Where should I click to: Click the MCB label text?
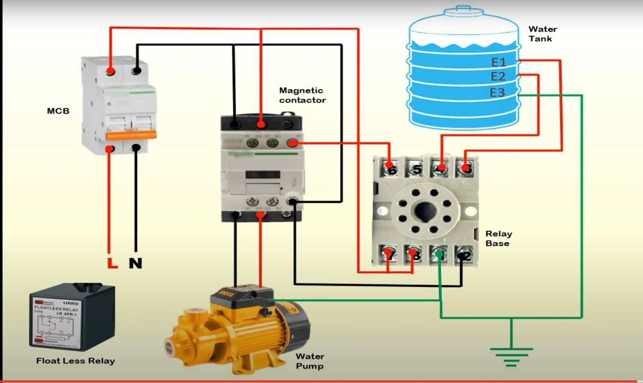[x=58, y=111]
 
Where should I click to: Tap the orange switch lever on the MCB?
[x=131, y=136]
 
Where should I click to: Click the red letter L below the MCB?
[x=112, y=263]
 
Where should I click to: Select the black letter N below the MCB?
[x=136, y=263]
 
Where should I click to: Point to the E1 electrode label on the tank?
[x=498, y=63]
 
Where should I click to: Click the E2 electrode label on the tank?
[x=498, y=77]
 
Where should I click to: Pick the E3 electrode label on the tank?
[x=497, y=93]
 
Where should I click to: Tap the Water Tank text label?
[x=542, y=34]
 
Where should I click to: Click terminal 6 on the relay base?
[x=391, y=169]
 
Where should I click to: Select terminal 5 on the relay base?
[x=416, y=169]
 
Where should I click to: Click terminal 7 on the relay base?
[x=389, y=254]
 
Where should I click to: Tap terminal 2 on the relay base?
[x=465, y=255]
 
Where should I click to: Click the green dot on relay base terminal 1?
[x=439, y=254]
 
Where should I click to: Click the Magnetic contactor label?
[x=302, y=95]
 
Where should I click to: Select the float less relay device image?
[x=72, y=317]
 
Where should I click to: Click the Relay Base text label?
[x=498, y=238]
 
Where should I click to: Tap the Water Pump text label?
[x=310, y=361]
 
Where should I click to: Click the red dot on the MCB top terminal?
[x=111, y=71]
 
